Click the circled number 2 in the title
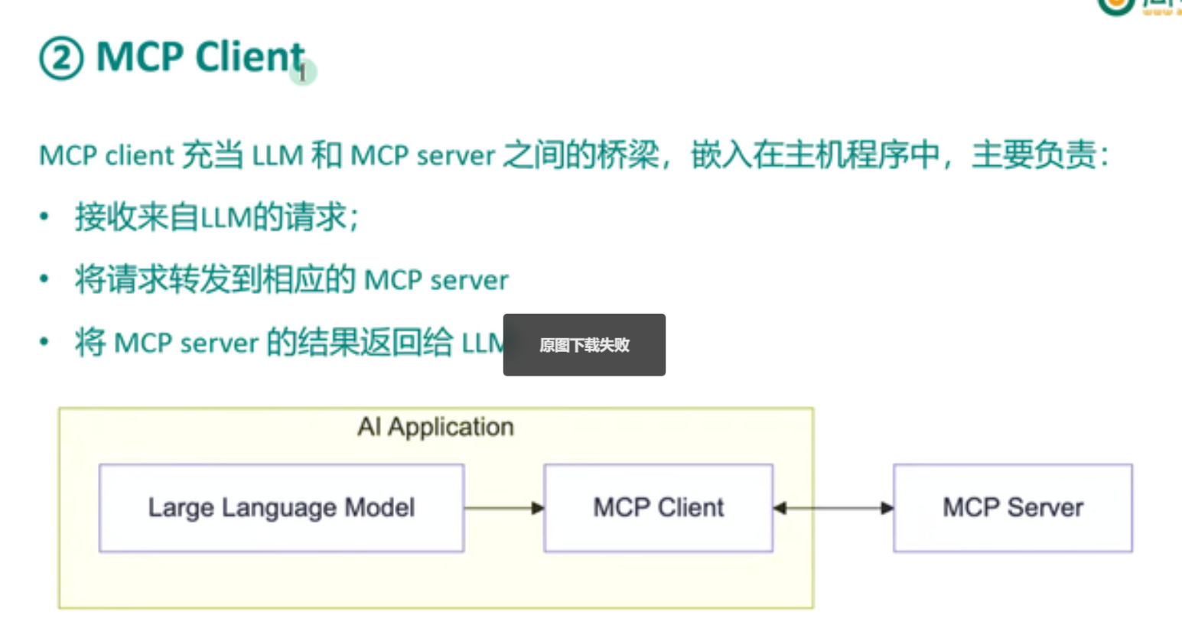[x=61, y=58]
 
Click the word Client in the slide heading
[x=250, y=57]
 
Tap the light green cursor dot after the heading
[x=303, y=73]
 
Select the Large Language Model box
[x=282, y=508]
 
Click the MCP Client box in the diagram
[x=659, y=508]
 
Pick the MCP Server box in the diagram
[x=1013, y=508]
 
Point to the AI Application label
[x=435, y=427]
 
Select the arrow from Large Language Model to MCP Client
[x=504, y=508]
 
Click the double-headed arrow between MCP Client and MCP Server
[x=833, y=508]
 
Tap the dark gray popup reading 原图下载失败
[x=584, y=345]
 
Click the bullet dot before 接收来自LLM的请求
[x=44, y=216]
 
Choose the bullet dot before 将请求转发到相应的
[x=44, y=278]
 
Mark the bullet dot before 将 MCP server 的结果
[x=44, y=341]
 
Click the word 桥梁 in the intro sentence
[x=628, y=155]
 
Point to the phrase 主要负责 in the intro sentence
[x=1034, y=155]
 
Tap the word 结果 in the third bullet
[x=328, y=342]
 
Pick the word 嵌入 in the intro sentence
[x=722, y=155]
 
